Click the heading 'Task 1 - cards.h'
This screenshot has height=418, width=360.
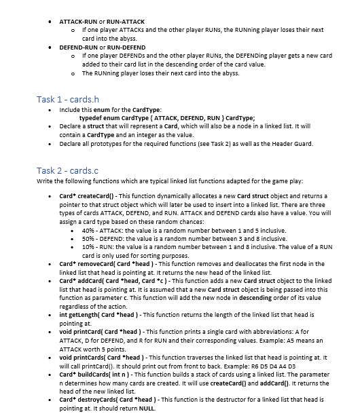[69, 100]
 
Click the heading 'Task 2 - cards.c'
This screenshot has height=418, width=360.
[69, 170]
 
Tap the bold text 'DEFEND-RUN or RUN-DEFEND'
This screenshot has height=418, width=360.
[102, 48]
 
